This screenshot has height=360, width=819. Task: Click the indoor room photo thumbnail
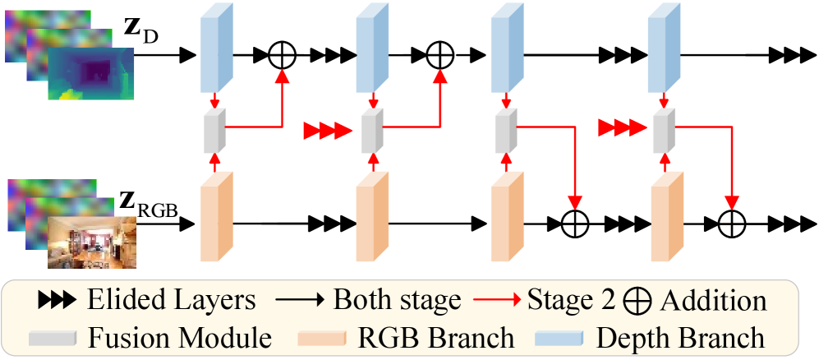92,242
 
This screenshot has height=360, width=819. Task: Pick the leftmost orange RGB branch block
217,216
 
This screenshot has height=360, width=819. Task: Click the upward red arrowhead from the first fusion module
282,76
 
